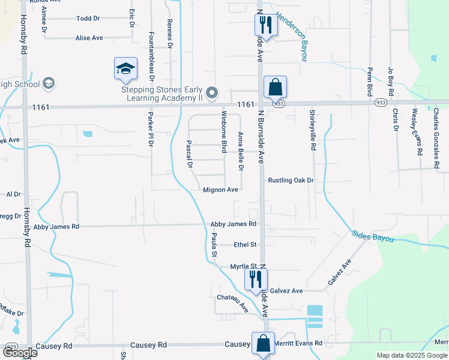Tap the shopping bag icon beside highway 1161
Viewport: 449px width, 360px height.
point(274,88)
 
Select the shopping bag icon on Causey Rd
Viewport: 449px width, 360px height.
point(263,344)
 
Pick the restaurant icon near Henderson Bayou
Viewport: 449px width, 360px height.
point(265,26)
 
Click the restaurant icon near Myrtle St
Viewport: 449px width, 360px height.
point(255,280)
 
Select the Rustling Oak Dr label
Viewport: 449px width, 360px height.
point(291,180)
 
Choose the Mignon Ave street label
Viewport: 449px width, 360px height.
point(221,190)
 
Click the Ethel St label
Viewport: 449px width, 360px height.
point(245,245)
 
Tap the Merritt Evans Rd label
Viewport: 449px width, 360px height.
point(298,343)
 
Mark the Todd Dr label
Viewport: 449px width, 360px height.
point(88,19)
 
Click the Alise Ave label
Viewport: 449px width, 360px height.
point(89,38)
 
